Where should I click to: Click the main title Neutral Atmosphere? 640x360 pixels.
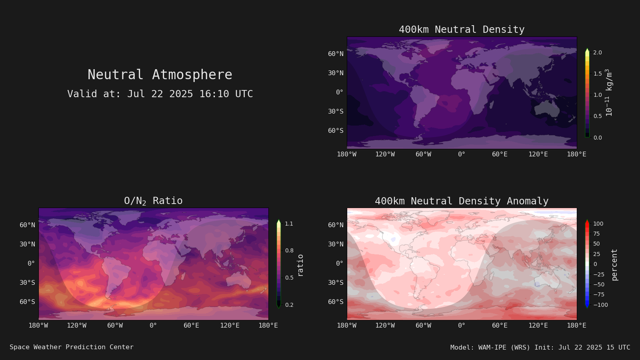[160, 75]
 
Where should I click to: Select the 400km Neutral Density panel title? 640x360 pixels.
[462, 30]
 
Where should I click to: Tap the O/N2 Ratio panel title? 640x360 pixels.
[154, 201]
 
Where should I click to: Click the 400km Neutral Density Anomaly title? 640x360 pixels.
[462, 201]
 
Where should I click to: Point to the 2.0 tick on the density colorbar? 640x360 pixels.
[598, 52]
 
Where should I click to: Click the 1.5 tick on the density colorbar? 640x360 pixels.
[598, 74]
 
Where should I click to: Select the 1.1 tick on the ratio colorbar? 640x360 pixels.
[289, 224]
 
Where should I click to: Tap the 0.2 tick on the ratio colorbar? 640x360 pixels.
[289, 305]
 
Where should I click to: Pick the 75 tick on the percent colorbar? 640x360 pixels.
[596, 234]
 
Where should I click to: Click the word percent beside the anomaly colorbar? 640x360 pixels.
[614, 265]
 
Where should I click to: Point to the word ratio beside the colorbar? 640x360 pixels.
[300, 266]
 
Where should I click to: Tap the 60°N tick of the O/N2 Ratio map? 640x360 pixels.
[28, 225]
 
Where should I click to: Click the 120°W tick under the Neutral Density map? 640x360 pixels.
[385, 154]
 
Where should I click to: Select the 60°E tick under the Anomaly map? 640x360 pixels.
[500, 326]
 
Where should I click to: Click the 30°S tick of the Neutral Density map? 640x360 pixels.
[336, 112]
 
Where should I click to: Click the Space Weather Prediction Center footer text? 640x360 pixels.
[72, 347]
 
